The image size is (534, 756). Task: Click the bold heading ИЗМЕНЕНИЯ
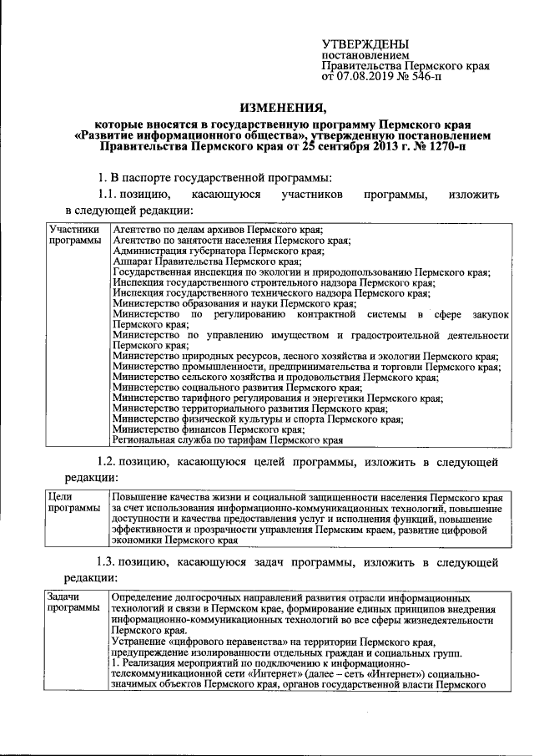(281, 106)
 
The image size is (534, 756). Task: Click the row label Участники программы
(73, 235)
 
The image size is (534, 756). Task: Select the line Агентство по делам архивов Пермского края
(217, 230)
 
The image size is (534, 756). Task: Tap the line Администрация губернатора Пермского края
(217, 251)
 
